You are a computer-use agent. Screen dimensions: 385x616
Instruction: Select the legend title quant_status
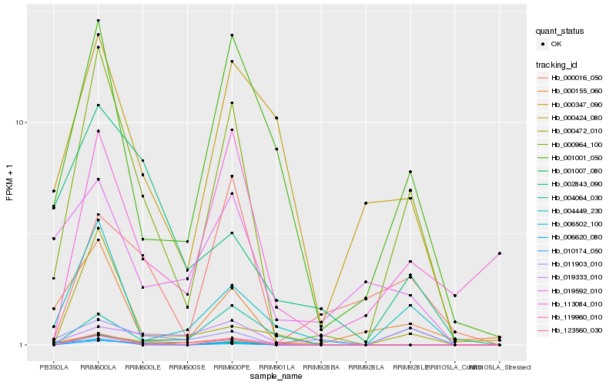pos(561,32)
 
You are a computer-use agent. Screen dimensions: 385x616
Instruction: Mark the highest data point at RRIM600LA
pos(99,20)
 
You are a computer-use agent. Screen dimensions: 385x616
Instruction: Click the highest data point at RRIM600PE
pos(232,35)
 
